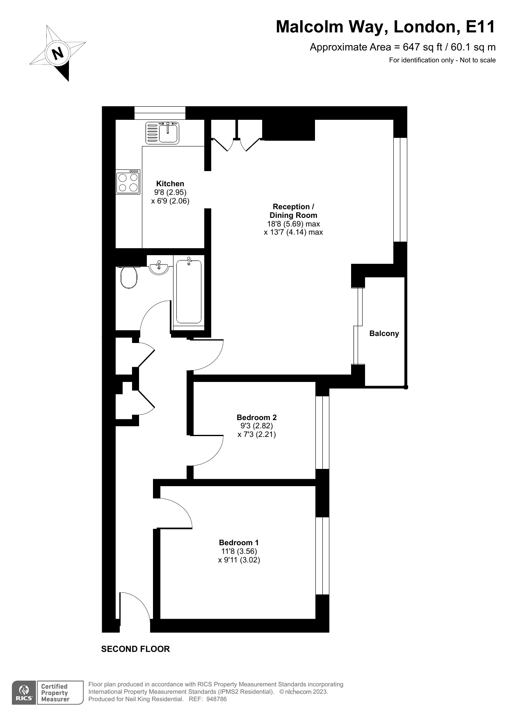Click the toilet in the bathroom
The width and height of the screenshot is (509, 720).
pos(129,277)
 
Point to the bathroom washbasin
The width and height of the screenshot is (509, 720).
pos(159,267)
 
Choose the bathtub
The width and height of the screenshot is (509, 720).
pos(189,291)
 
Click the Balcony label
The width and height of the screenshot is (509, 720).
pos(384,334)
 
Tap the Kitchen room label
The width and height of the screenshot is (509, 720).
pos(170,184)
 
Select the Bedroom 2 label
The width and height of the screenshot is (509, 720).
pos(257,418)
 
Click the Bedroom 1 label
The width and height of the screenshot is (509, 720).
pos(239,543)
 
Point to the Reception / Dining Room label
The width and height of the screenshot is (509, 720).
pos(293,211)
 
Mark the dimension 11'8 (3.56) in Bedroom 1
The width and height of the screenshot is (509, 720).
pos(239,551)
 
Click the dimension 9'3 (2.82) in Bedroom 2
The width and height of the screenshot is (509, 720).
pos(257,426)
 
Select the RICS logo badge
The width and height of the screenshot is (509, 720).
pos(23,693)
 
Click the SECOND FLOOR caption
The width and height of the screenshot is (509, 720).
pos(135,649)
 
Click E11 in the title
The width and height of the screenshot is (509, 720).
pos(481,27)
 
